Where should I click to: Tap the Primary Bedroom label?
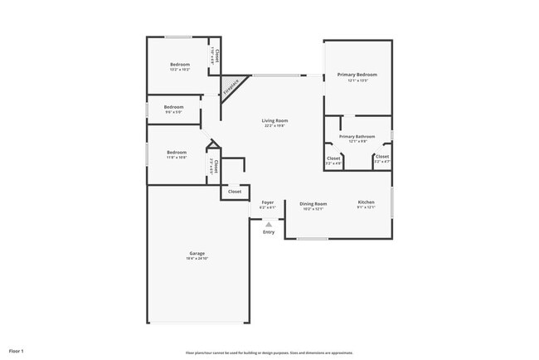pyautogui.click(x=357, y=75)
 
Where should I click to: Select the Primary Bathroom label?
pyautogui.click(x=357, y=136)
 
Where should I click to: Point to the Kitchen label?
pyautogui.click(x=366, y=202)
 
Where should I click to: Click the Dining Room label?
pyautogui.click(x=313, y=203)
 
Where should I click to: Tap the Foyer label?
pyautogui.click(x=268, y=202)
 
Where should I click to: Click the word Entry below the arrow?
pyautogui.click(x=269, y=231)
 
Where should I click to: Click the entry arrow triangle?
pyautogui.click(x=269, y=223)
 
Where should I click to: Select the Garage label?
pyautogui.click(x=197, y=253)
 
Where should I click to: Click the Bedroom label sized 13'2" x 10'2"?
pyautogui.click(x=180, y=65)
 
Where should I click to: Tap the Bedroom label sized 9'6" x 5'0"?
pyautogui.click(x=173, y=107)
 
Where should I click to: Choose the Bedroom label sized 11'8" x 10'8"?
pyautogui.click(x=177, y=152)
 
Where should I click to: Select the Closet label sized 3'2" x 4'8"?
pyautogui.click(x=333, y=158)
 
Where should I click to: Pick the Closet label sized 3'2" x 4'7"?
pyautogui.click(x=382, y=157)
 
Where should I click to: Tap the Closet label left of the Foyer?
pyautogui.click(x=235, y=192)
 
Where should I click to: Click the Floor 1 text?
pyautogui.click(x=17, y=351)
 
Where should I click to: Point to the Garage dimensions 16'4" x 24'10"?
pyautogui.click(x=197, y=259)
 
